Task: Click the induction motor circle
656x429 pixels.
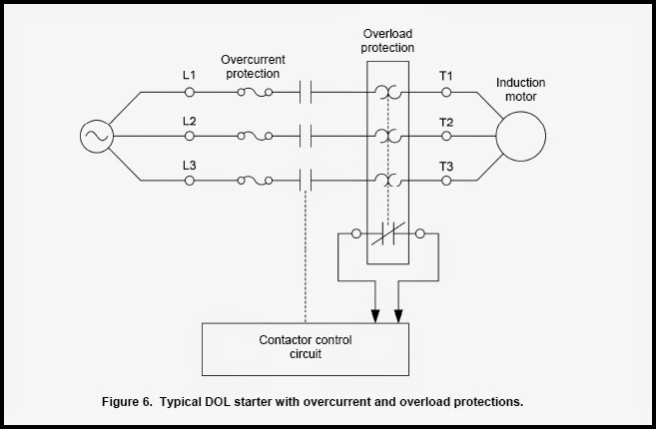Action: pyautogui.click(x=520, y=136)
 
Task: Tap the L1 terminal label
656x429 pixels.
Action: pyautogui.click(x=189, y=77)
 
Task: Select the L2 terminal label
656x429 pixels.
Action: pyautogui.click(x=189, y=121)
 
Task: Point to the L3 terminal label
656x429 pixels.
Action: pyautogui.click(x=189, y=165)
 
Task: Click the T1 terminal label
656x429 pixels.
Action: pyautogui.click(x=446, y=77)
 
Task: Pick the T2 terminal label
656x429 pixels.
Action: pyautogui.click(x=446, y=121)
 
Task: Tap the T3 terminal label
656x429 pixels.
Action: pyautogui.click(x=446, y=165)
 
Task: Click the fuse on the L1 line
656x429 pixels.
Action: pyautogui.click(x=256, y=93)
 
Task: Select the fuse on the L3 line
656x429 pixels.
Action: pyautogui.click(x=256, y=181)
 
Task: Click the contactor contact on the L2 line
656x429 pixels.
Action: pyautogui.click(x=307, y=136)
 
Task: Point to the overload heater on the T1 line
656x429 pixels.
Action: pyautogui.click(x=389, y=93)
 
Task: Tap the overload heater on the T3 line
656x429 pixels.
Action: pyautogui.click(x=389, y=181)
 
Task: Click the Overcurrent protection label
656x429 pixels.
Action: pyautogui.click(x=254, y=66)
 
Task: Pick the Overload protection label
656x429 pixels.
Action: pyautogui.click(x=388, y=40)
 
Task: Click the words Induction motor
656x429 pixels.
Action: pyautogui.click(x=520, y=90)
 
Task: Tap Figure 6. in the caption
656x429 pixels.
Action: pyautogui.click(x=131, y=402)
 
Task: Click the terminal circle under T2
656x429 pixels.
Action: pyautogui.click(x=446, y=137)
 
